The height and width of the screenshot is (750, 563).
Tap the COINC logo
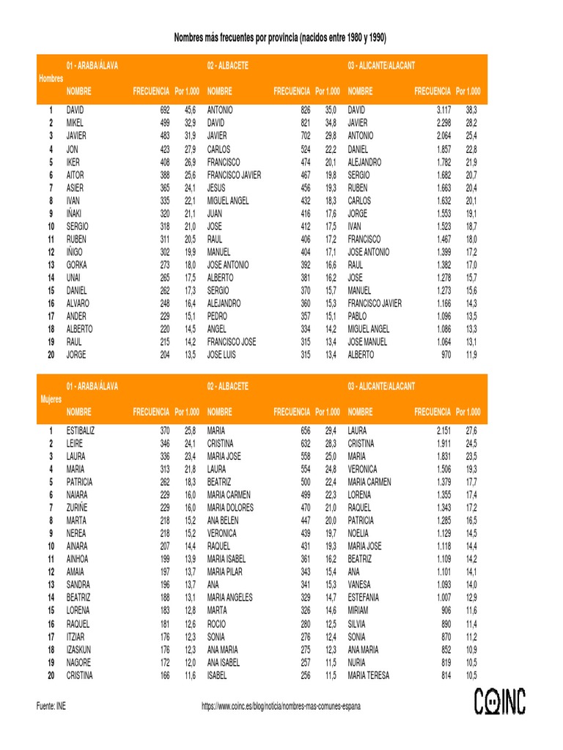point(499,701)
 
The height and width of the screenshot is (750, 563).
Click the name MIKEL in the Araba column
point(75,123)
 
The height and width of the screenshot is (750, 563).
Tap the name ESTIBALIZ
point(80,431)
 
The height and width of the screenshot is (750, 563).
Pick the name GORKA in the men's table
point(76,264)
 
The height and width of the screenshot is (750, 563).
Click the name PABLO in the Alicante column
point(358,316)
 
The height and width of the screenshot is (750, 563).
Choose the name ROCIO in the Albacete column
point(217,624)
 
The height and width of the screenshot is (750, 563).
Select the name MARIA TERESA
point(368,675)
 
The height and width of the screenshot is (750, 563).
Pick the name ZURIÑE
point(78,508)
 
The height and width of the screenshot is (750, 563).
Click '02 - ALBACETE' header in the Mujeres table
point(227,386)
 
